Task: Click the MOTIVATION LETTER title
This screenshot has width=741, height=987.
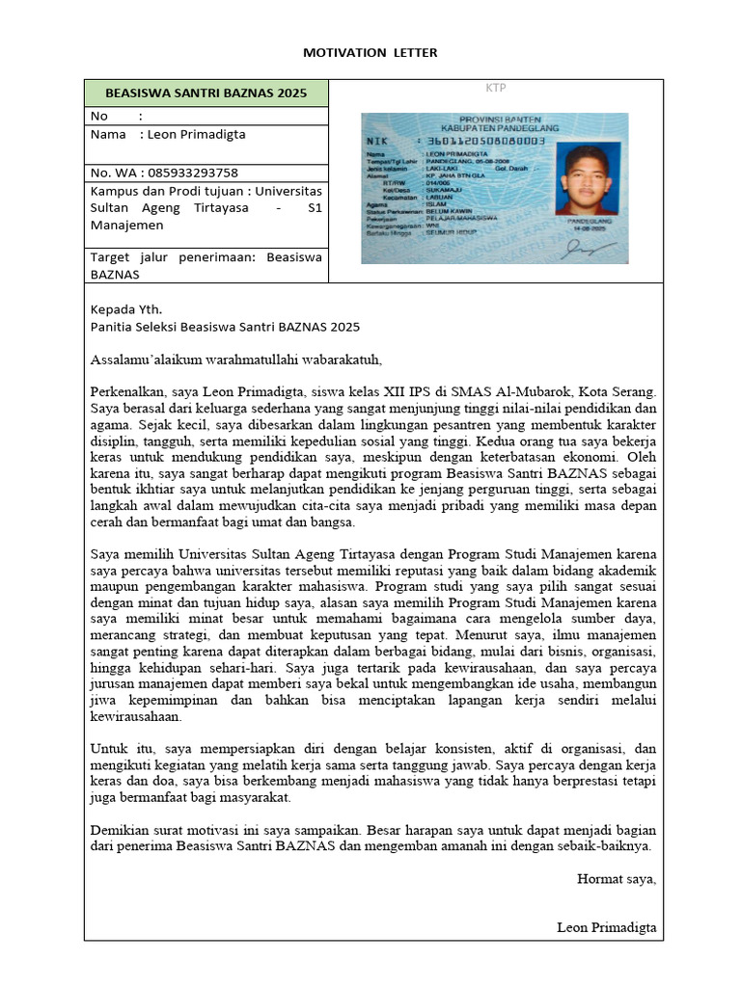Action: (x=370, y=52)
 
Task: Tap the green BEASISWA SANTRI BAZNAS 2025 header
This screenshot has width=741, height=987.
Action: (x=206, y=93)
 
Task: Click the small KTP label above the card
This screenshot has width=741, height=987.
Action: (x=495, y=89)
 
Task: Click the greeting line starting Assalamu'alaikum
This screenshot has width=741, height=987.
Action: (x=236, y=360)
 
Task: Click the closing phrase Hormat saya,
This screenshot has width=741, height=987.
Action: (x=616, y=878)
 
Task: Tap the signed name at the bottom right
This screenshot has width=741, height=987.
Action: (x=606, y=927)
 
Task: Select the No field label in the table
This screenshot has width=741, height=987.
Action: (x=99, y=116)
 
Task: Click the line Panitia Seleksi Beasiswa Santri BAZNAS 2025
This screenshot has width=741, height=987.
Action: (x=224, y=328)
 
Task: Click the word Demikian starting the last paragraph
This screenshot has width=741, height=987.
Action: (x=120, y=829)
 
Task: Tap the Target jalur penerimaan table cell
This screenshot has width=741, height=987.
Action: (x=206, y=265)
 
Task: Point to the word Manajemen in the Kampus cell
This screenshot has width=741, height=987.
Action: (x=128, y=225)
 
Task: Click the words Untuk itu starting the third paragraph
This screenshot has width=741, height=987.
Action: (x=118, y=748)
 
